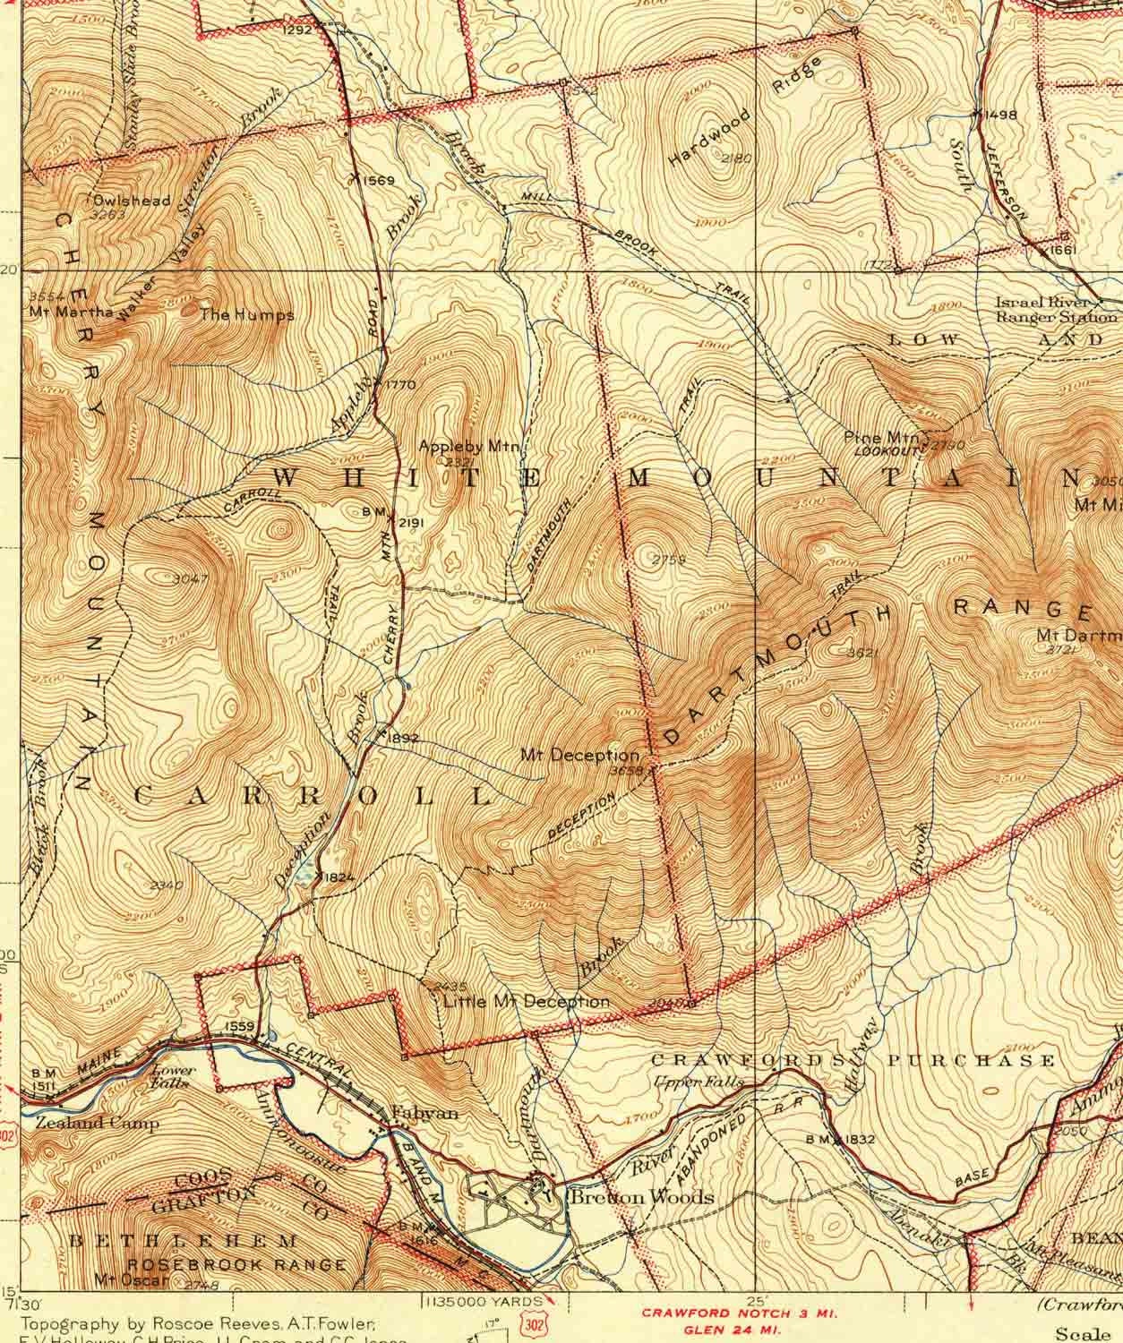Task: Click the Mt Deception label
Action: click(x=580, y=755)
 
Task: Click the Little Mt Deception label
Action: click(x=527, y=1001)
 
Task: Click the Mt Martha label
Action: click(x=71, y=312)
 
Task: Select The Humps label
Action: click(x=246, y=315)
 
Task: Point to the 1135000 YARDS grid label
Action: click(x=484, y=1300)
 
